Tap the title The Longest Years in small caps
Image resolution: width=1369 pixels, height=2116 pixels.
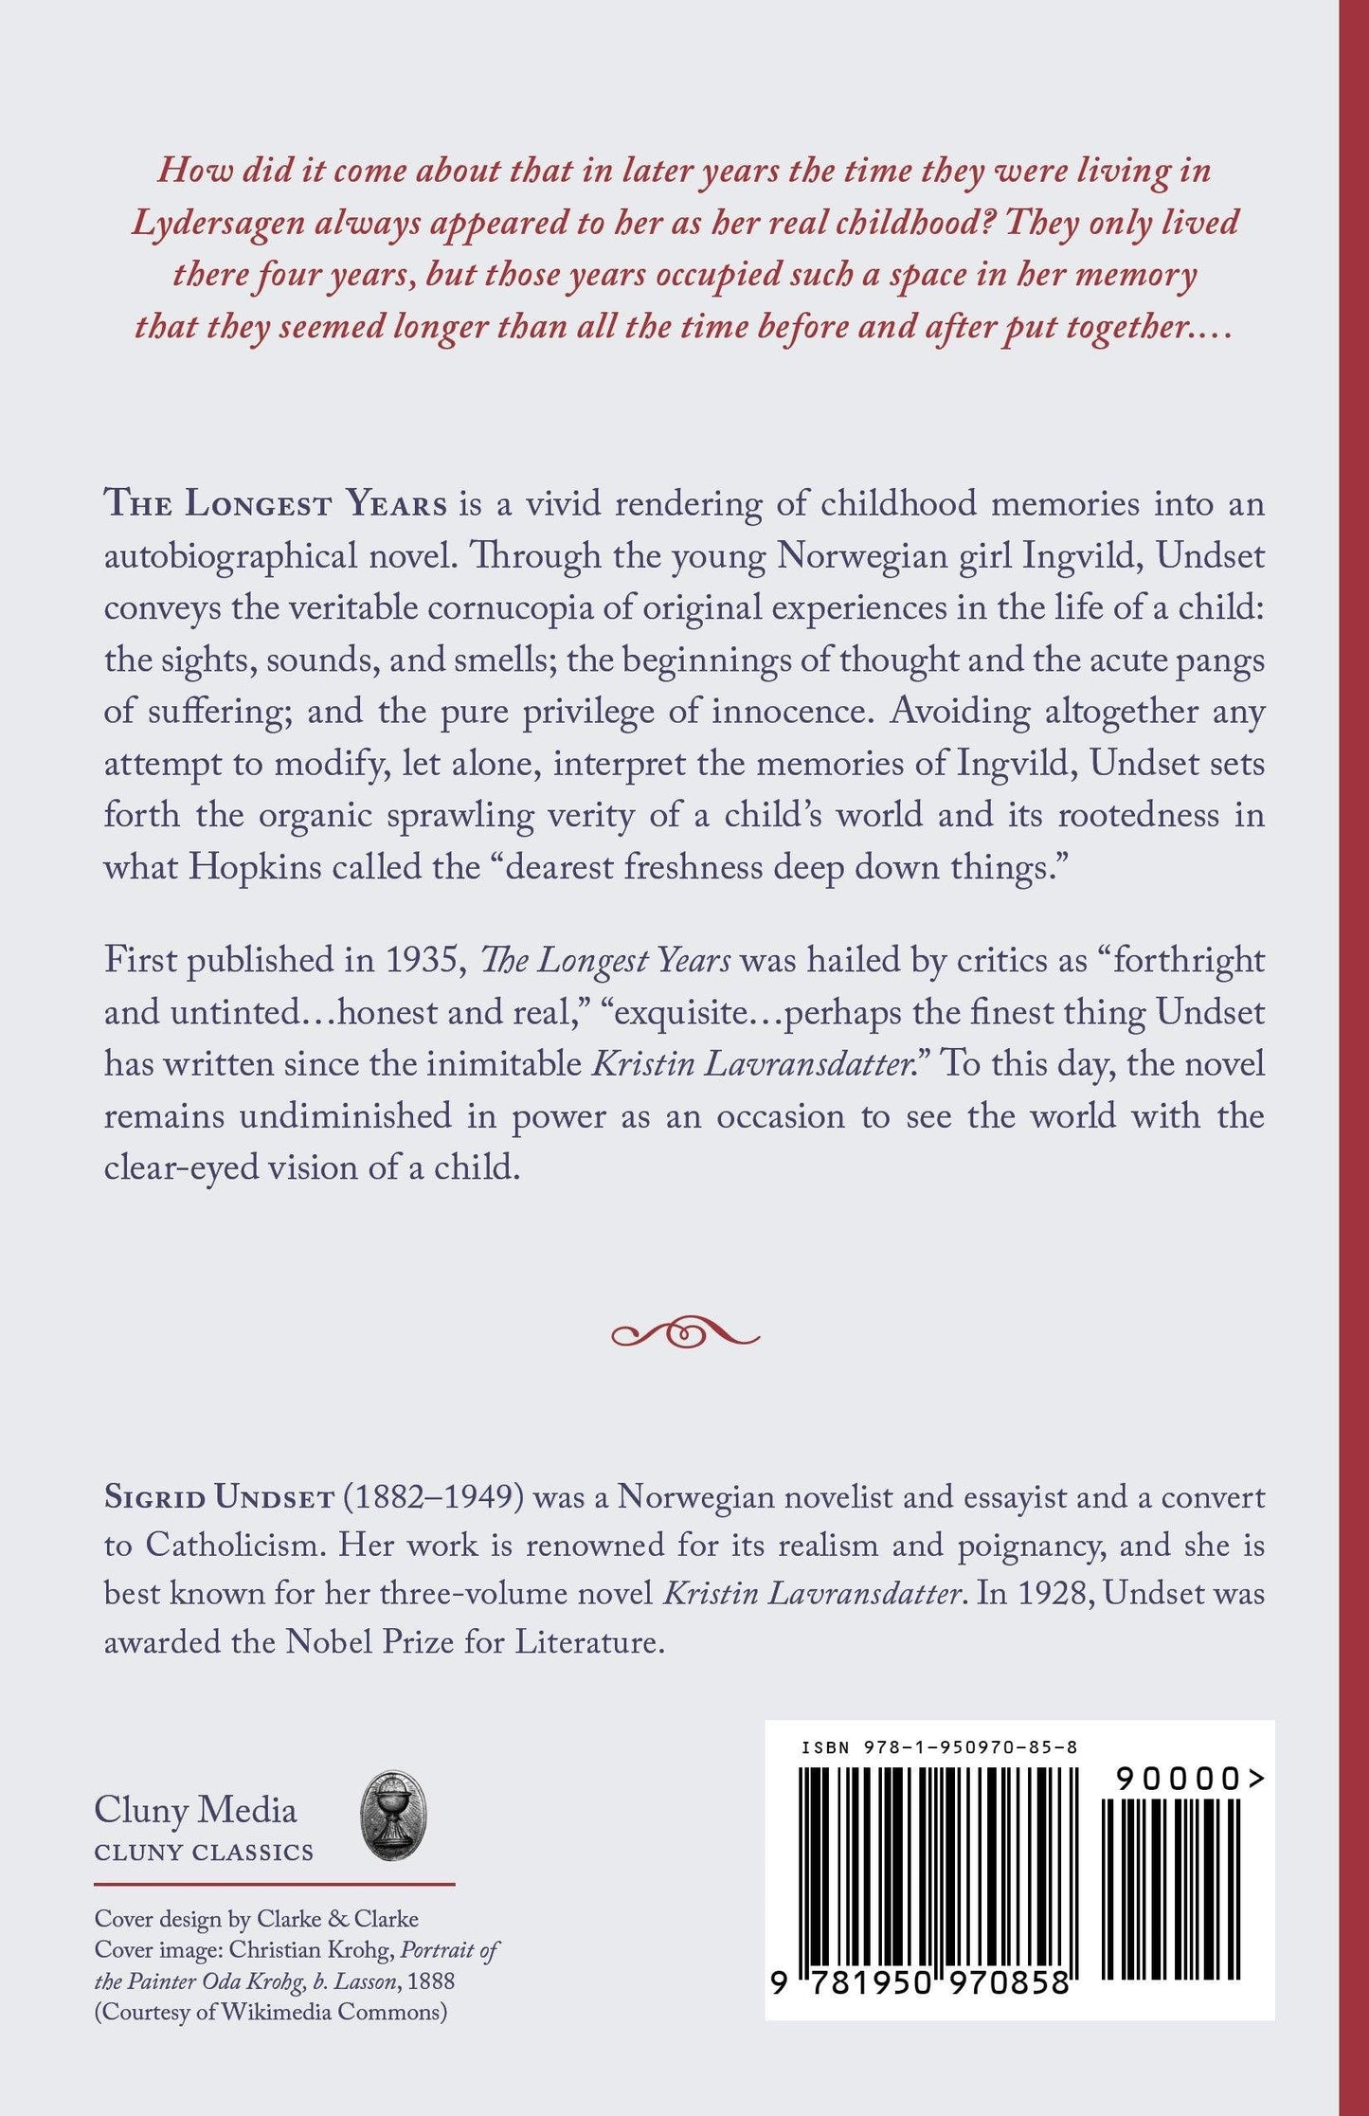pos(276,503)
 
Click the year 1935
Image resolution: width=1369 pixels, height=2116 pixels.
pos(423,960)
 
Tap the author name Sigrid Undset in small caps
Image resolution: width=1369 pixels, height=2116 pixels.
pos(219,1498)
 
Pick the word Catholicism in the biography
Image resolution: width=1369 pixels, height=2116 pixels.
pos(235,1546)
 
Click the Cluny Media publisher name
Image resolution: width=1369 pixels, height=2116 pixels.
pos(195,1810)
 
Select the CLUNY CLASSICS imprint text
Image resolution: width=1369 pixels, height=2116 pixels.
pos(204,1852)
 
